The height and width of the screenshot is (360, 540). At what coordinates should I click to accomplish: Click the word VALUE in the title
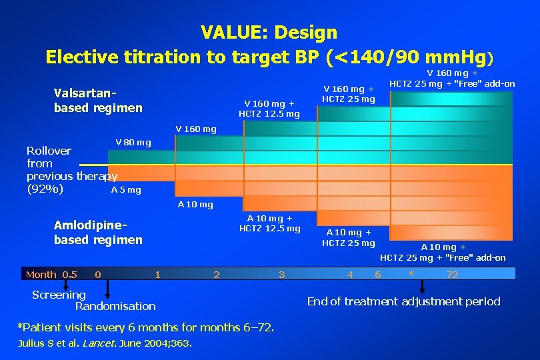point(230,32)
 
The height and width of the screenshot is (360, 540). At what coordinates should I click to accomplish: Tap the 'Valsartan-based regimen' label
point(97,100)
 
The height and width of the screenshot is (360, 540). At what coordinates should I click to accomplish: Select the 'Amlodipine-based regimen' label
point(97,233)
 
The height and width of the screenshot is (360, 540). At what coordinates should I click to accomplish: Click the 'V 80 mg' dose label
point(133,142)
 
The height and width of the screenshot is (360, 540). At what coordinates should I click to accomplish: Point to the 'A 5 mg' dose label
point(126,190)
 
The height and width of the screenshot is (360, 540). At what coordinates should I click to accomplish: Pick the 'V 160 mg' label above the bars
point(195,129)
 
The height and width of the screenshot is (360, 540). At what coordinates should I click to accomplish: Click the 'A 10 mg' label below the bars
point(195,205)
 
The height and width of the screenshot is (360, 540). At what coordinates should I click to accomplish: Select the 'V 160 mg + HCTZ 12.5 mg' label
point(269,108)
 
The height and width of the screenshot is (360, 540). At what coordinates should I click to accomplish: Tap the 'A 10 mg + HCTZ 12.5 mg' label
point(269,223)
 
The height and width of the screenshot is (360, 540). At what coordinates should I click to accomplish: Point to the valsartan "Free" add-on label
point(452,79)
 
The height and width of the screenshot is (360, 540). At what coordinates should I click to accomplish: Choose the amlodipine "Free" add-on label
point(443,252)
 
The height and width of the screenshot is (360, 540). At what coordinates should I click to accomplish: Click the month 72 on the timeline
point(452,275)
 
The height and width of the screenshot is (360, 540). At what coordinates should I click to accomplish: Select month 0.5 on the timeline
point(69,275)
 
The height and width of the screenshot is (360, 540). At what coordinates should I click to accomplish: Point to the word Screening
point(59,295)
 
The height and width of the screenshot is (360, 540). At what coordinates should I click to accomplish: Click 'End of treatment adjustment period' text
point(403,301)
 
